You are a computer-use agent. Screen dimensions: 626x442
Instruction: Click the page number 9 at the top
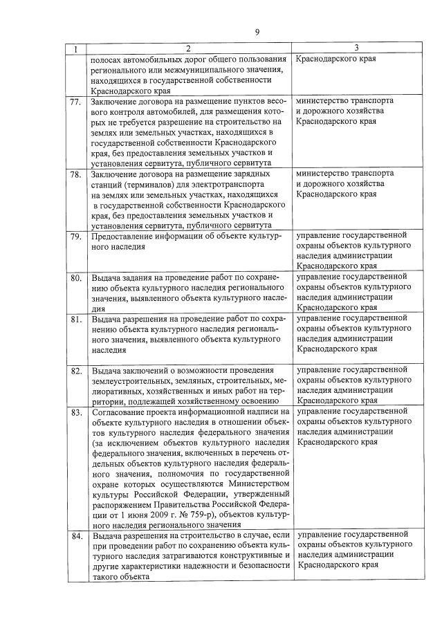pos(257,32)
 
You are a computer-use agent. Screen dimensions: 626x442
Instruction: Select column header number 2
pos(187,48)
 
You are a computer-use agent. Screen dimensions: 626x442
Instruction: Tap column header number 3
pos(356,48)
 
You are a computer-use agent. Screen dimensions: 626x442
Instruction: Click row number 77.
pos(77,102)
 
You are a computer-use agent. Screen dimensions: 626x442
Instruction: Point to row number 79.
pos(77,237)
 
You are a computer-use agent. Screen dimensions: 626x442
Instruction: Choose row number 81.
pos(77,320)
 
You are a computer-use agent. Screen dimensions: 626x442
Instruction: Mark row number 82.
pos(77,371)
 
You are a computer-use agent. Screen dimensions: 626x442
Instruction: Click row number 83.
pos(77,413)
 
